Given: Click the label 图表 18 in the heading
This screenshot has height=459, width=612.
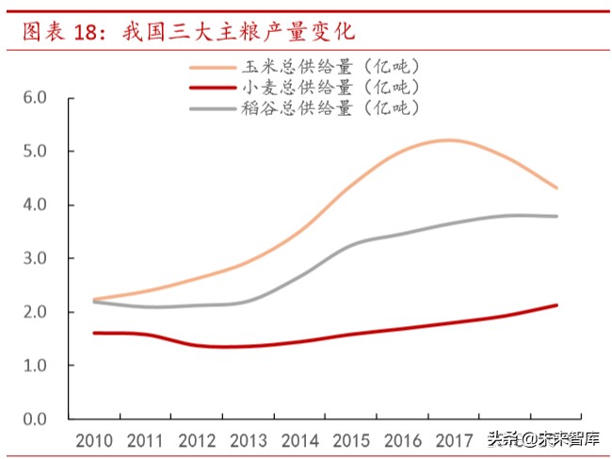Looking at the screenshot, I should click(x=63, y=31).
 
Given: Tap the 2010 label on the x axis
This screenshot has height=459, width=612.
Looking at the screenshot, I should click(x=94, y=440).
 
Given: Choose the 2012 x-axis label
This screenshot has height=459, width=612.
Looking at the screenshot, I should click(x=196, y=440).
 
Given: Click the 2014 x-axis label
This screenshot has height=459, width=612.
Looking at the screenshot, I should click(x=298, y=440).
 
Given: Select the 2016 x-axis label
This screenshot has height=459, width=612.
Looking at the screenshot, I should click(x=401, y=440).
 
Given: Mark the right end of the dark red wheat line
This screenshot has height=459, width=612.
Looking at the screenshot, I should click(x=556, y=304).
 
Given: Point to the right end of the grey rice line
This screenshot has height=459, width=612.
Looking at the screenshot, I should click(x=556, y=216).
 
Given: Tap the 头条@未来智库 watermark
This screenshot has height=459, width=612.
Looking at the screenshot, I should click(x=545, y=439).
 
